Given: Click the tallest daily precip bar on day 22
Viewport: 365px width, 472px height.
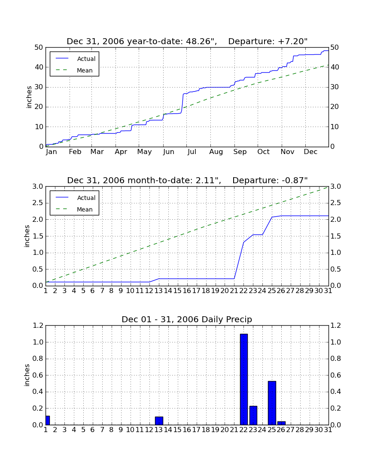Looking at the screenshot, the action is click(x=243, y=379).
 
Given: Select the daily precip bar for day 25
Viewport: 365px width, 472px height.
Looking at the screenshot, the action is click(x=272, y=403).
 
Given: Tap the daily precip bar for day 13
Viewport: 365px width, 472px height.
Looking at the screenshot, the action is click(x=159, y=421).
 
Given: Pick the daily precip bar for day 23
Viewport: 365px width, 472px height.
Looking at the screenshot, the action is click(x=253, y=415).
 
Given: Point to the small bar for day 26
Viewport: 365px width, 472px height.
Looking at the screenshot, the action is click(x=281, y=423).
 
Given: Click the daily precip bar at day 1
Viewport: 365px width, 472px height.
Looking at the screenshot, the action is click(x=48, y=420).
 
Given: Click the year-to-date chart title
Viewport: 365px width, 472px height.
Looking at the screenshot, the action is click(x=187, y=42).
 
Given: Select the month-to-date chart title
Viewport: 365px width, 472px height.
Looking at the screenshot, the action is click(x=187, y=181).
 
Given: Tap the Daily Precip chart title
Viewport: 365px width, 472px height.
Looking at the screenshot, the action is click(x=187, y=319).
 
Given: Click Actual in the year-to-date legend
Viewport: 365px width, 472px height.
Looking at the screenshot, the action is click(x=86, y=59).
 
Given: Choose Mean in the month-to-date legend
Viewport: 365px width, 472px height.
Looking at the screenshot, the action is click(x=85, y=209).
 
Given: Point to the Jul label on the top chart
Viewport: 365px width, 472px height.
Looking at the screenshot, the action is click(x=192, y=152).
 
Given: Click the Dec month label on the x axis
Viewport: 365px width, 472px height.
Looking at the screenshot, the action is click(x=310, y=152).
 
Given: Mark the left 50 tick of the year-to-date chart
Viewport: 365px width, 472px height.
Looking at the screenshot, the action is click(x=39, y=48).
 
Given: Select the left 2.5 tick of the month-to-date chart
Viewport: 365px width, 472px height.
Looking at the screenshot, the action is click(x=38, y=203).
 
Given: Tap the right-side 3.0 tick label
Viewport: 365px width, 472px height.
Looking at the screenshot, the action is click(x=336, y=187).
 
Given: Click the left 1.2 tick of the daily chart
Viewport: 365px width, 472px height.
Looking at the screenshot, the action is click(x=38, y=326).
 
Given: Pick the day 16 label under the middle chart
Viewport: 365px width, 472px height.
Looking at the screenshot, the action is click(x=187, y=291).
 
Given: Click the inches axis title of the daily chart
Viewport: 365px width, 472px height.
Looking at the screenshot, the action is click(x=27, y=375).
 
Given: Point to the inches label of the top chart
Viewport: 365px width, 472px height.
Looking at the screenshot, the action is click(x=29, y=97).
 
